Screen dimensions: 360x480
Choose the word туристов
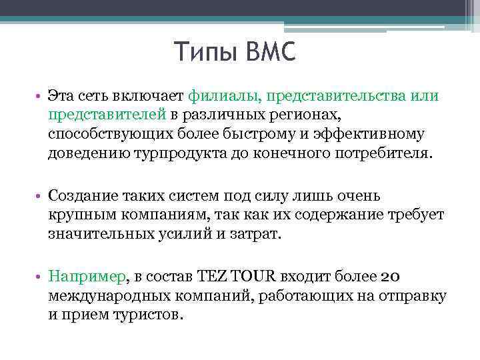[x=145, y=315]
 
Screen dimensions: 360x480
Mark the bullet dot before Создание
[x=39, y=197]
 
